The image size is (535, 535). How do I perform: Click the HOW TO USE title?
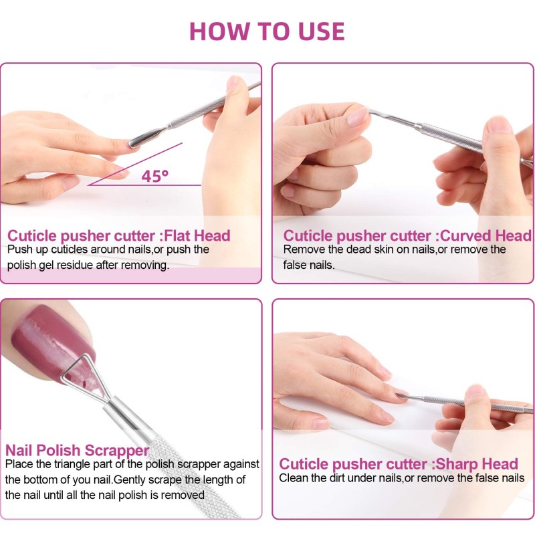tap(267, 31)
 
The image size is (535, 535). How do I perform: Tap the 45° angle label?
tap(154, 176)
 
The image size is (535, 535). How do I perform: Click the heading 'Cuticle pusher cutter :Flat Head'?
tap(119, 235)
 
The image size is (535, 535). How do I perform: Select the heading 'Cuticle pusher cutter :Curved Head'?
tap(407, 235)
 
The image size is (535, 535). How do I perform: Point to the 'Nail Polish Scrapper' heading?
tap(77, 450)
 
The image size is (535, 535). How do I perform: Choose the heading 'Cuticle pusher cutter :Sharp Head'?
tap(399, 464)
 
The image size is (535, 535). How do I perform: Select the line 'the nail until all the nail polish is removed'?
tap(105, 496)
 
